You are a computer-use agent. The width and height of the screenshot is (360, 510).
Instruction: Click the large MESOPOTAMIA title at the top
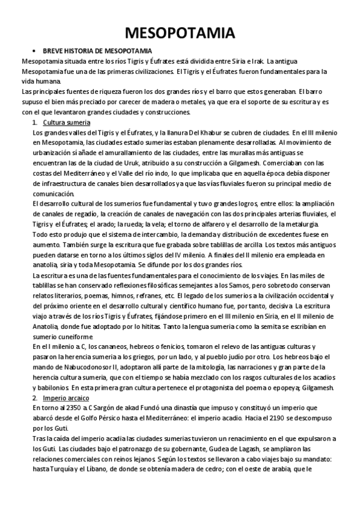click(180, 32)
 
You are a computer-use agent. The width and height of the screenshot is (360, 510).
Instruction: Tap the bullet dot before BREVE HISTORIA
click(35, 52)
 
